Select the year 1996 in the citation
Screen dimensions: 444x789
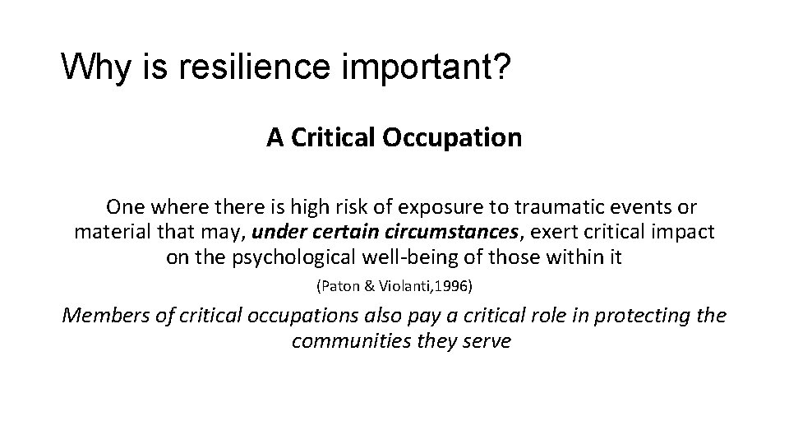pyautogui.click(x=454, y=287)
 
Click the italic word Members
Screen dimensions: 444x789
pyautogui.click(x=105, y=315)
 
